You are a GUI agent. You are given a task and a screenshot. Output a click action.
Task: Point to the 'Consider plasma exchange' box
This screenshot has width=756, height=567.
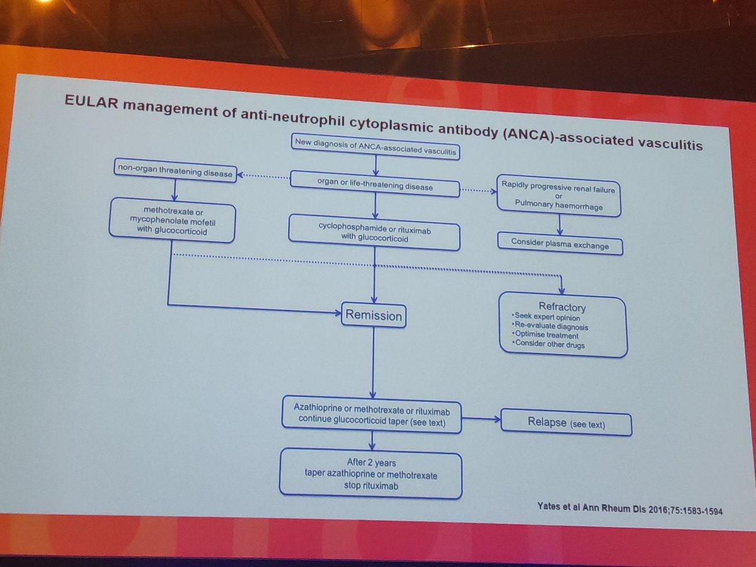(x=559, y=244)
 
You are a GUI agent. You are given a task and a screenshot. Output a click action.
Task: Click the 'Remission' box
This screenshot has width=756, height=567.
(x=373, y=316)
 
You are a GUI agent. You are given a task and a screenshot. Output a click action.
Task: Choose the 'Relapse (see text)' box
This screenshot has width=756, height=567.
(x=565, y=423)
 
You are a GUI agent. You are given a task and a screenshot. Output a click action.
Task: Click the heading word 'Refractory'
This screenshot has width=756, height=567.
(x=562, y=307)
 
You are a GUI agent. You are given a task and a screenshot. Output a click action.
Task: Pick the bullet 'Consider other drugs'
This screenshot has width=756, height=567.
(x=549, y=345)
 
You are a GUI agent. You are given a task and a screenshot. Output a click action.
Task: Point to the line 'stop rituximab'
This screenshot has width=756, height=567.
(x=370, y=487)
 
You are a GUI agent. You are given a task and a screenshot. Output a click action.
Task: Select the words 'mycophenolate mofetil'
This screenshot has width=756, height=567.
(x=173, y=220)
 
